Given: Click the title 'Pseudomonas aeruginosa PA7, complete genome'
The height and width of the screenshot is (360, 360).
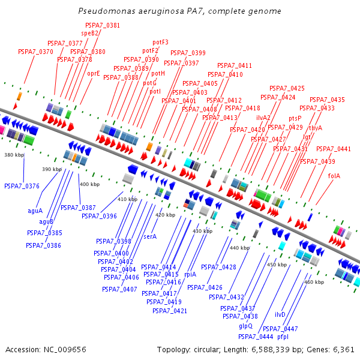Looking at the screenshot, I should click(179, 11).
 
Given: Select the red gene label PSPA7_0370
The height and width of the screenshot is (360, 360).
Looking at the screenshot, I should click(38, 52).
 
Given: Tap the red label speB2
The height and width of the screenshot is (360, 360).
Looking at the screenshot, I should click(90, 34).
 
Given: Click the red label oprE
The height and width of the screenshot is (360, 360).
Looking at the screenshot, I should click(94, 73).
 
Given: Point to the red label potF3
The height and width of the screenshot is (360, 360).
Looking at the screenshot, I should click(160, 42).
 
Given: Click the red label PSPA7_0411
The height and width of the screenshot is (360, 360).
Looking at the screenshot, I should click(235, 65).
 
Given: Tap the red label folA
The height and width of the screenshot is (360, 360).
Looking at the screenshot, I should click(334, 176).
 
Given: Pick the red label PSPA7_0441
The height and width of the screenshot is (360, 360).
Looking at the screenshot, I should click(334, 149).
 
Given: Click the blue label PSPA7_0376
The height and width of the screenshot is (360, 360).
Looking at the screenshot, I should click(22, 186).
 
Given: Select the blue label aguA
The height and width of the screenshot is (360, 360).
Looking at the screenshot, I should click(35, 211).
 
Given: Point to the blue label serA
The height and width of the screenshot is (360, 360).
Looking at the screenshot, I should click(150, 236).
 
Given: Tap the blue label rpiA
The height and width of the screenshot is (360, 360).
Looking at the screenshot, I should click(190, 274).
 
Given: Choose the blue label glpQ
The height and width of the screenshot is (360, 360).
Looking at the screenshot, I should click(246, 326).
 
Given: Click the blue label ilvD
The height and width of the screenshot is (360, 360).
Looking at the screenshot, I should click(280, 314).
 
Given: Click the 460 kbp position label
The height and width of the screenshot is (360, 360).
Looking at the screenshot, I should click(314, 282).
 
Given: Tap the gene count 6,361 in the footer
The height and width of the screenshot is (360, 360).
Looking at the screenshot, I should click(343, 349).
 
